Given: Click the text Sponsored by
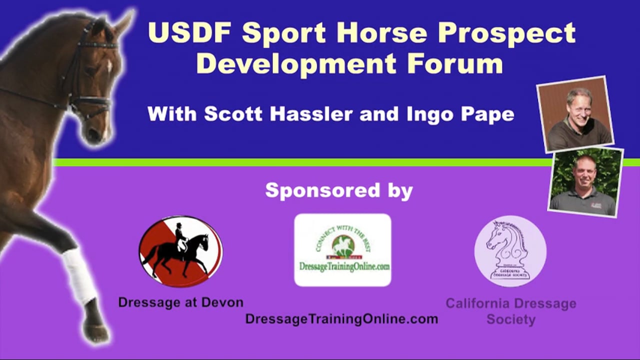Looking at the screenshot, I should (x=338, y=190).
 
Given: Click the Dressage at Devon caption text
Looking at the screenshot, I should (x=180, y=302).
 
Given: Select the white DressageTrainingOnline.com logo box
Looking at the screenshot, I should (x=342, y=250).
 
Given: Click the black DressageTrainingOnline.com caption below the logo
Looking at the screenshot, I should (x=341, y=318).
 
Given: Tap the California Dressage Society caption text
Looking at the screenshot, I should (x=510, y=311).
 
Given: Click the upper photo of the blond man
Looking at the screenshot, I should (x=574, y=113).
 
